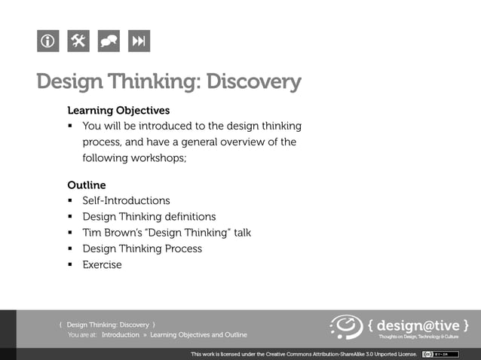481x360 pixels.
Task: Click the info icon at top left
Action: [x=47, y=41]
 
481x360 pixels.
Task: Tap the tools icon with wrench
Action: [x=78, y=41]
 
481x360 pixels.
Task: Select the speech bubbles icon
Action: [x=109, y=41]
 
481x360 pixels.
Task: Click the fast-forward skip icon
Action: [x=139, y=41]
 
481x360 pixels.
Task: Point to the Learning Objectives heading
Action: [x=118, y=111]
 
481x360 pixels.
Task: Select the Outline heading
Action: [x=87, y=185]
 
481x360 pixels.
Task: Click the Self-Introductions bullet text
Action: [x=126, y=201]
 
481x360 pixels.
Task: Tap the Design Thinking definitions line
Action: [x=149, y=217]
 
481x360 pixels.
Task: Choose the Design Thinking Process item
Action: [x=142, y=249]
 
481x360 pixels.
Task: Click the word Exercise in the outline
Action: [x=102, y=265]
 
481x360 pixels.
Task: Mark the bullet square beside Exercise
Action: [x=70, y=265]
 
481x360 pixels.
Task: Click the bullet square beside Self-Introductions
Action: [x=70, y=201]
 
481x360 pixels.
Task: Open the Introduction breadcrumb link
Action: [x=121, y=335]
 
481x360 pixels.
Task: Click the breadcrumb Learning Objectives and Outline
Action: [x=198, y=335]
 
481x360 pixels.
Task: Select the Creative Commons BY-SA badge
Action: [x=440, y=354]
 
